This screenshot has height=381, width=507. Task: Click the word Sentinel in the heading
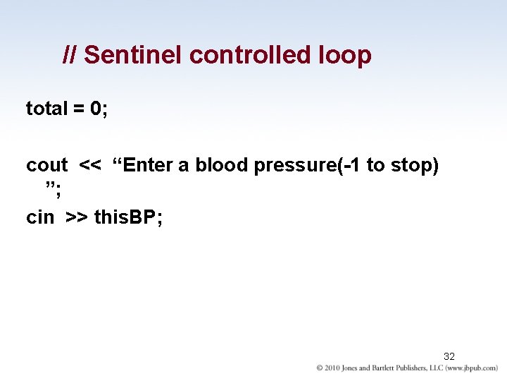(x=133, y=55)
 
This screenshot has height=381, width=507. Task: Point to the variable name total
(x=46, y=109)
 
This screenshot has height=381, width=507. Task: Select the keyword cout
(x=46, y=165)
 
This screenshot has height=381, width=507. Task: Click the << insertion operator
(x=90, y=166)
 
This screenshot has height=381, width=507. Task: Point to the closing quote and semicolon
(x=51, y=188)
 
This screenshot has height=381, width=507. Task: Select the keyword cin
(x=40, y=217)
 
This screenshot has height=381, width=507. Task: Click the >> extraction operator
(x=77, y=218)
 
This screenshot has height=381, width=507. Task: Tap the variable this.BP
(x=127, y=217)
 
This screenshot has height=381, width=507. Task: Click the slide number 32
(x=449, y=356)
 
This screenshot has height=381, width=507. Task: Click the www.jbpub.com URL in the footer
(x=472, y=368)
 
